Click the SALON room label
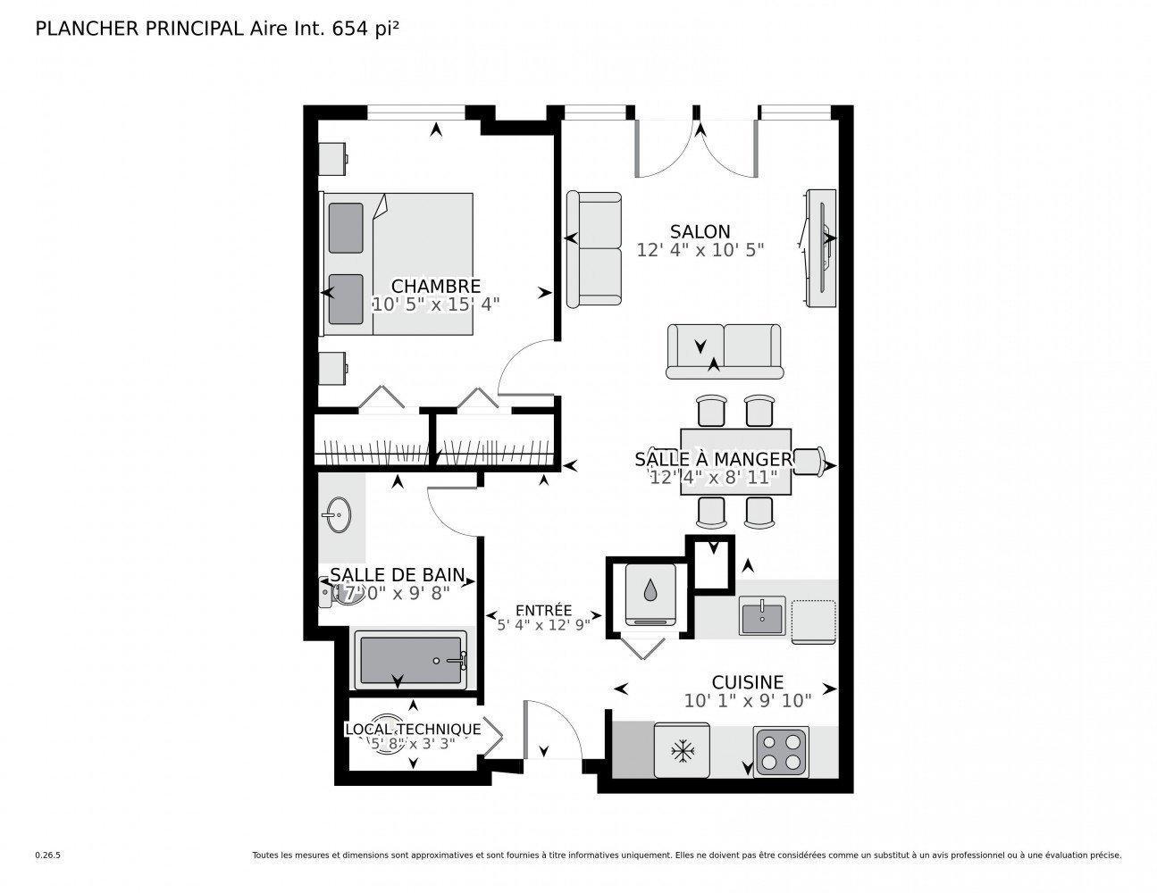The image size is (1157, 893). [700, 231]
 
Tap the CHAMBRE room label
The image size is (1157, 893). [436, 286]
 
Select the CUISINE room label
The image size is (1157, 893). [747, 682]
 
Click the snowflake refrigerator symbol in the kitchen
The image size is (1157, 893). [683, 752]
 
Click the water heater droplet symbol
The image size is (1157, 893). [648, 592]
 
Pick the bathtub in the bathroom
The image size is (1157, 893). [411, 661]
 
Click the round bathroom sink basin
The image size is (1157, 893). [338, 515]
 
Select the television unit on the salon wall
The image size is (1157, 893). [820, 249]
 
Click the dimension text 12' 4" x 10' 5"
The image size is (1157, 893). [700, 250]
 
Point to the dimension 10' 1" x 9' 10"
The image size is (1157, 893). [747, 701]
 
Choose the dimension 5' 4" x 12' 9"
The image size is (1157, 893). [544, 625]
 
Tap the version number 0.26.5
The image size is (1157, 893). [47, 855]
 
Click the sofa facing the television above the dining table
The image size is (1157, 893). [723, 352]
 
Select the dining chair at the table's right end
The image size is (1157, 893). [808, 462]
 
